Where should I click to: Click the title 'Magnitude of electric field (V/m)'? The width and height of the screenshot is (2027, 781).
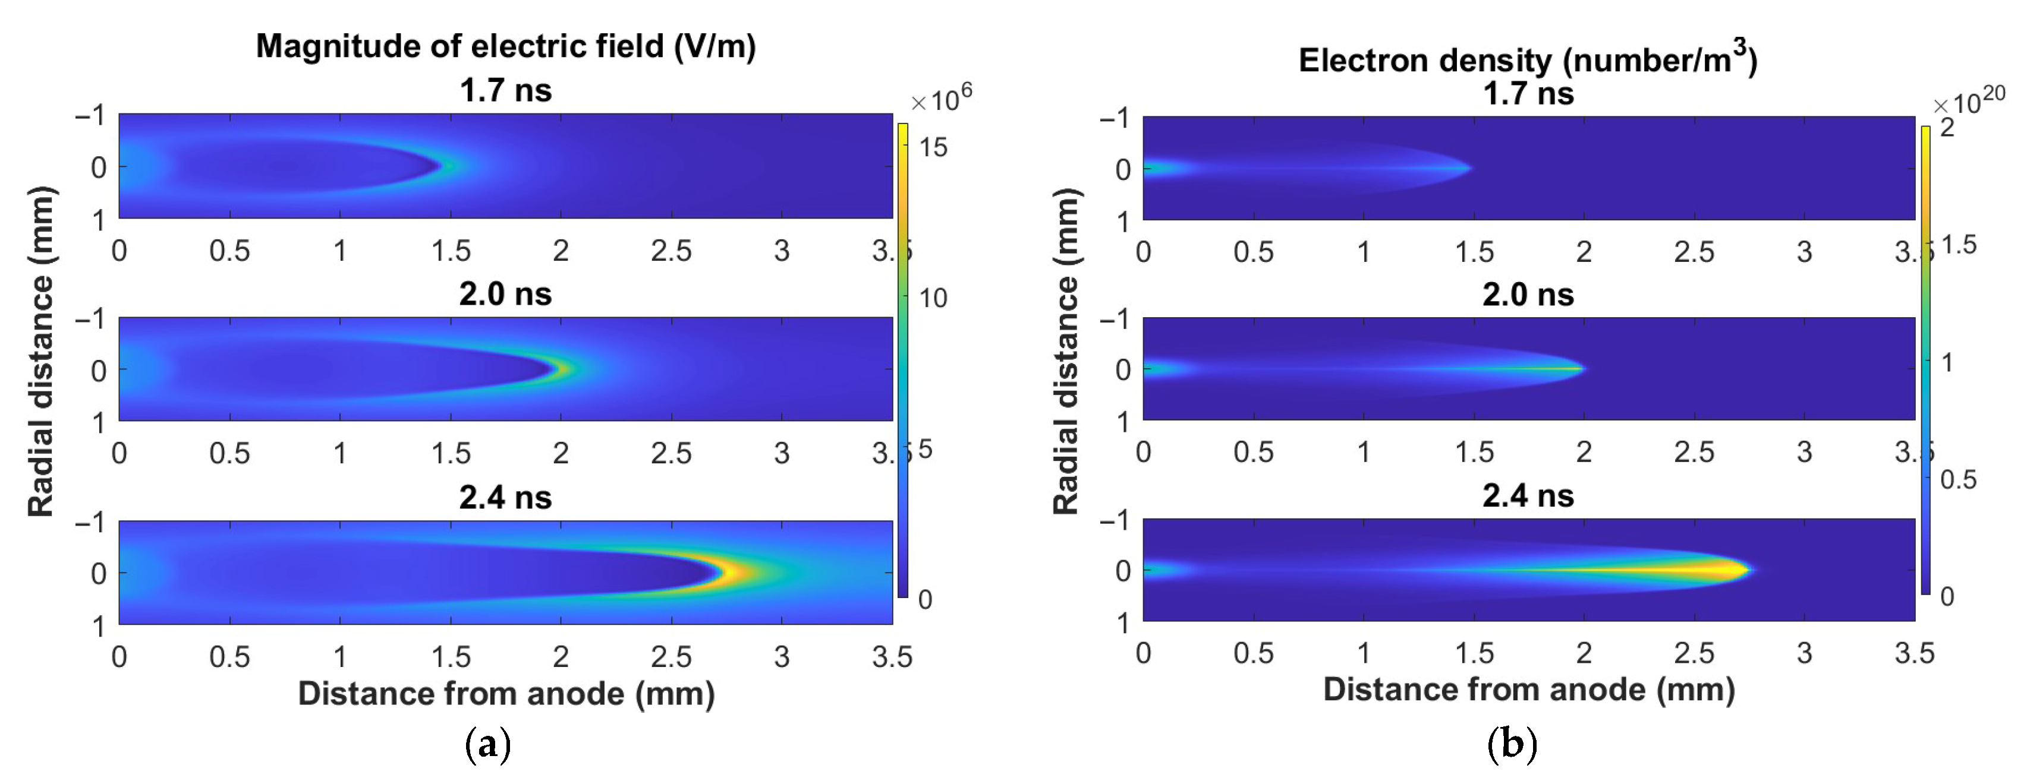[505, 46]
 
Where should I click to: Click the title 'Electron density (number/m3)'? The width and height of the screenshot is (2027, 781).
[1527, 60]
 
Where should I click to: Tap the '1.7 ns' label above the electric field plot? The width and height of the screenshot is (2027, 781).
[505, 90]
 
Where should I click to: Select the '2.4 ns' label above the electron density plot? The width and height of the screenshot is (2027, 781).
[1527, 497]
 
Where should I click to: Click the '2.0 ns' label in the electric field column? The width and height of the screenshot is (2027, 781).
[505, 294]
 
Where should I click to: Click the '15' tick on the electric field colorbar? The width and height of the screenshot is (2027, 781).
[933, 148]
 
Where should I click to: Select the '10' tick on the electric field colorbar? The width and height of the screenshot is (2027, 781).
[933, 299]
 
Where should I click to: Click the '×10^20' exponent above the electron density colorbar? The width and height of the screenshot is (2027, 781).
[1969, 102]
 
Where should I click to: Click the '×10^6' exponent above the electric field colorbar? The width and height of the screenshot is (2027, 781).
[941, 100]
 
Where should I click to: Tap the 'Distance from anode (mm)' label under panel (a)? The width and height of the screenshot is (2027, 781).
[505, 694]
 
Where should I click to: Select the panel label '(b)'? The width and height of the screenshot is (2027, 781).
[1512, 743]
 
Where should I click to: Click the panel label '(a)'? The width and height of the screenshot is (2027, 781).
[488, 743]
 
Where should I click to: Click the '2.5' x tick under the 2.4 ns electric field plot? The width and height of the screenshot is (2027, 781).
[671, 657]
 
